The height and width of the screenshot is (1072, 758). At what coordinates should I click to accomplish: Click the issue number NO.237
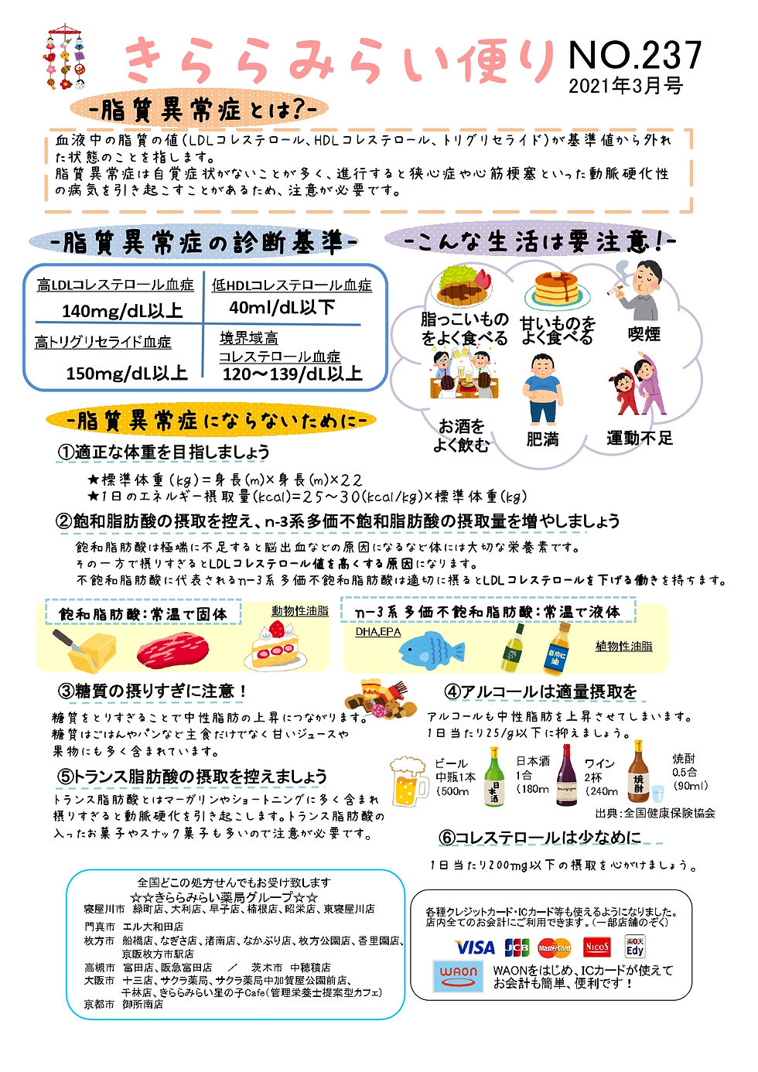click(x=634, y=55)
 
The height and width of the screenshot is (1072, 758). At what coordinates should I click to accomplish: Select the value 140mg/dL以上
click(x=121, y=311)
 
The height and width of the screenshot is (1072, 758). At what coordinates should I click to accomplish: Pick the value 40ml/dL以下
click(x=282, y=308)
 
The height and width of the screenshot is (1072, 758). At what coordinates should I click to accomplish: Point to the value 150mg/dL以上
click(x=126, y=374)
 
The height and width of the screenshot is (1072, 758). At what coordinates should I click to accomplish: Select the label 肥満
click(x=542, y=439)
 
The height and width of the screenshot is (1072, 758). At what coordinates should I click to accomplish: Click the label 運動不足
click(x=639, y=439)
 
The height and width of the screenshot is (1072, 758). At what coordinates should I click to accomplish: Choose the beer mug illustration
click(x=408, y=781)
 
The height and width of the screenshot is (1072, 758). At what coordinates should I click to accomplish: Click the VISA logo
click(x=474, y=947)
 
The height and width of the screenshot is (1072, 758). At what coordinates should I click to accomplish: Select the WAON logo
click(x=458, y=976)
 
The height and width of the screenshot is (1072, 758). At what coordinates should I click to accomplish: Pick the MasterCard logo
click(x=555, y=947)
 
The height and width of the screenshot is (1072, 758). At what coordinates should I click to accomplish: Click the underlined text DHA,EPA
click(x=378, y=632)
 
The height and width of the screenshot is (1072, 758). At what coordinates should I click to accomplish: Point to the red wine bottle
click(x=566, y=775)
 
